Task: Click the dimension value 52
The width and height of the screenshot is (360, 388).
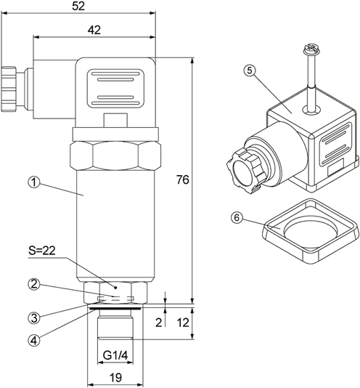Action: [78, 7]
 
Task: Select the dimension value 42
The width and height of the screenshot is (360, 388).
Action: [94, 30]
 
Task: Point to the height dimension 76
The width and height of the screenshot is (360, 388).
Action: [183, 180]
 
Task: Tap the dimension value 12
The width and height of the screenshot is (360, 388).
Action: [183, 323]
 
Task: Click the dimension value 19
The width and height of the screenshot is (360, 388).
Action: [115, 378]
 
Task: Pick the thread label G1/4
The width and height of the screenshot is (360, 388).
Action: [115, 356]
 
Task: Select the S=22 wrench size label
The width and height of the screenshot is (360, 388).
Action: [42, 251]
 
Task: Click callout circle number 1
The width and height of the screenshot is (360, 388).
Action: [33, 183]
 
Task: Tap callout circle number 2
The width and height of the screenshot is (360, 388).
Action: [33, 284]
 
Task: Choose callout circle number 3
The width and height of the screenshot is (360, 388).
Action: [33, 318]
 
